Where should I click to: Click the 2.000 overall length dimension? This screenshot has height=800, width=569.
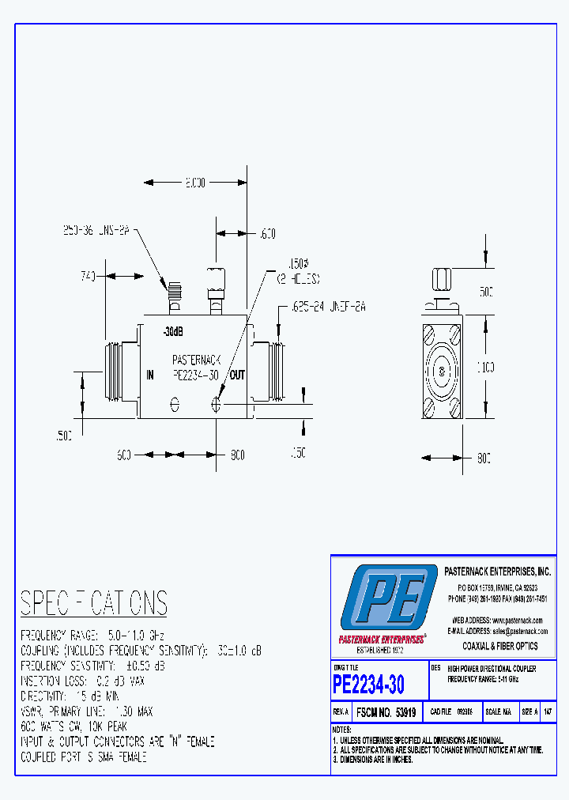(x=195, y=183)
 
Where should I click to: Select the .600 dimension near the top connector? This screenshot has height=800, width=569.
(x=267, y=233)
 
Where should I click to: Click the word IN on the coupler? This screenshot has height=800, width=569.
(x=149, y=375)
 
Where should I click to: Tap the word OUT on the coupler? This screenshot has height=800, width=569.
(x=237, y=375)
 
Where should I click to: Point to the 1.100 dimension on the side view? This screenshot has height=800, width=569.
(x=485, y=367)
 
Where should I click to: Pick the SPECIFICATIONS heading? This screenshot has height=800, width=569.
(x=93, y=603)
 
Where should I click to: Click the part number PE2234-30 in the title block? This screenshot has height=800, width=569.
(x=368, y=683)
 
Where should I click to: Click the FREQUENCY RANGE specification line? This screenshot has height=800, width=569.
(x=92, y=636)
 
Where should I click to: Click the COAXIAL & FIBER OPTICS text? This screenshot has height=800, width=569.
(x=499, y=646)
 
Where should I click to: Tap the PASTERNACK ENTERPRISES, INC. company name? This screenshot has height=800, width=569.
(x=498, y=571)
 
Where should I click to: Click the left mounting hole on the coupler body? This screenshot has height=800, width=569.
(x=175, y=405)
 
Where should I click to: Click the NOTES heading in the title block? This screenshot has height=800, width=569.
(x=341, y=730)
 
